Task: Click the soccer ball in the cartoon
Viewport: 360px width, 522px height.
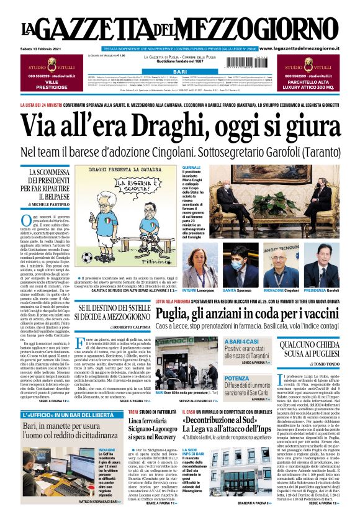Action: point(86,256)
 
